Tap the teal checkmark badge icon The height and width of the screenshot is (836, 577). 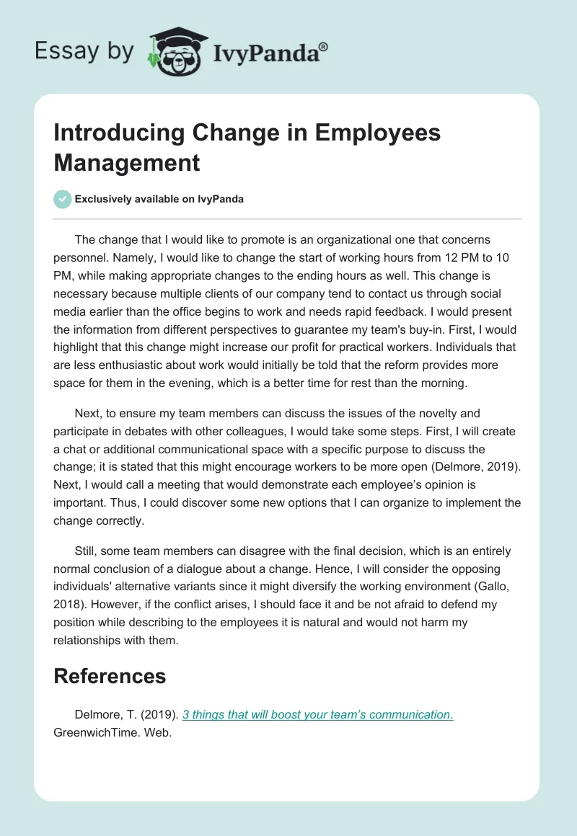point(63,199)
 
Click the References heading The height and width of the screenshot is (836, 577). point(110,675)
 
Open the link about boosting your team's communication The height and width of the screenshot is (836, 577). point(317,714)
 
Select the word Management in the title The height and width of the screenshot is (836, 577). point(127,163)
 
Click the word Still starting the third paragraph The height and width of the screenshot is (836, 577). point(87,551)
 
